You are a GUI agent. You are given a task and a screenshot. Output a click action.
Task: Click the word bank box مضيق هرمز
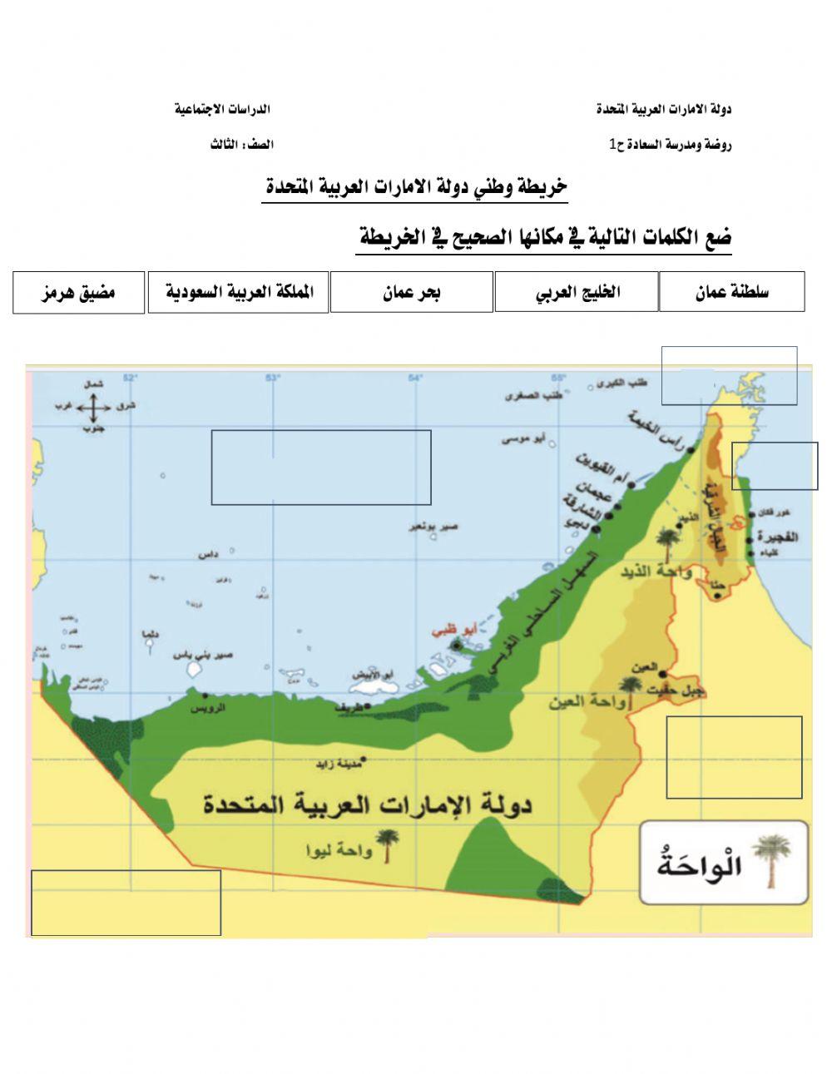(79, 292)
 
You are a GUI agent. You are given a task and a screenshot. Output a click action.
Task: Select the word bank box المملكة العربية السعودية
(238, 292)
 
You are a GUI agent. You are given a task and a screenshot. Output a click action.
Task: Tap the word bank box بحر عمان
(411, 292)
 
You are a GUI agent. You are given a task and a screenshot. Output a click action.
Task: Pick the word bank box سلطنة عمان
(732, 292)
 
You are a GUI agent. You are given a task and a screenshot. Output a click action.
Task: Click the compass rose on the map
(93, 407)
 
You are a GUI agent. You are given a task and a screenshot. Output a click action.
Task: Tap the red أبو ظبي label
(450, 631)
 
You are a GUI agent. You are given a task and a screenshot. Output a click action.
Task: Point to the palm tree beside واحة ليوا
(387, 845)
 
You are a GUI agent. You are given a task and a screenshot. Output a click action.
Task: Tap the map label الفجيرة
(778, 537)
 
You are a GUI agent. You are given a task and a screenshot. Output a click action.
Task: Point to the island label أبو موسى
(523, 438)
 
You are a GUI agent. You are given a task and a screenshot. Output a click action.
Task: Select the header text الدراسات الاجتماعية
(222, 109)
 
